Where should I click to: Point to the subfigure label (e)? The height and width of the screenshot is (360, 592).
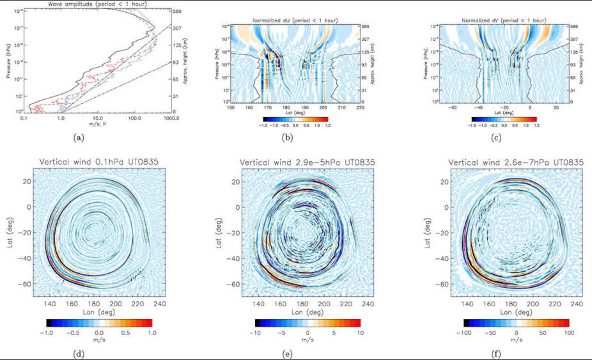(308, 351)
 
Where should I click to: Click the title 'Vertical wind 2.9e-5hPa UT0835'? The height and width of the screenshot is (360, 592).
(308, 164)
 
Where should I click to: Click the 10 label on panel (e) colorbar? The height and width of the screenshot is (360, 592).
(360, 333)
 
